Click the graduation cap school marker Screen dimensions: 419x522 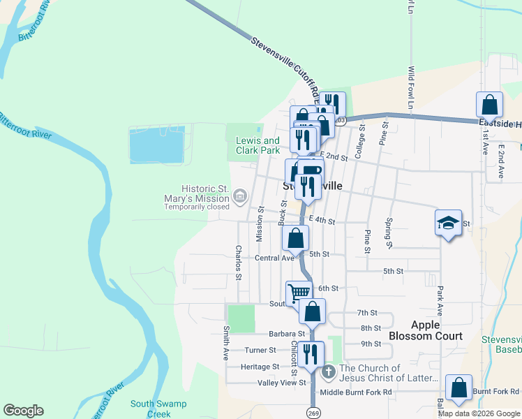(x=448, y=223)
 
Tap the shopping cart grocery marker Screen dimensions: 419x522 (x=299, y=292)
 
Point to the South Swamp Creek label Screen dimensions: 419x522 (x=150, y=409)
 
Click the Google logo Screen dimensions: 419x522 (x=23, y=411)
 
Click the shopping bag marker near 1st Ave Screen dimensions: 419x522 (x=490, y=105)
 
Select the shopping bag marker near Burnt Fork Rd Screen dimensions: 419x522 (x=458, y=388)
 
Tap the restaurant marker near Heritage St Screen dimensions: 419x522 (x=311, y=354)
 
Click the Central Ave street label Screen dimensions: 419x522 (x=275, y=258)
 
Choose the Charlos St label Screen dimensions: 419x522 (x=239, y=263)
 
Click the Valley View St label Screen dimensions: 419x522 (x=283, y=383)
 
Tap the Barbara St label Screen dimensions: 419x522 (x=264, y=334)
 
